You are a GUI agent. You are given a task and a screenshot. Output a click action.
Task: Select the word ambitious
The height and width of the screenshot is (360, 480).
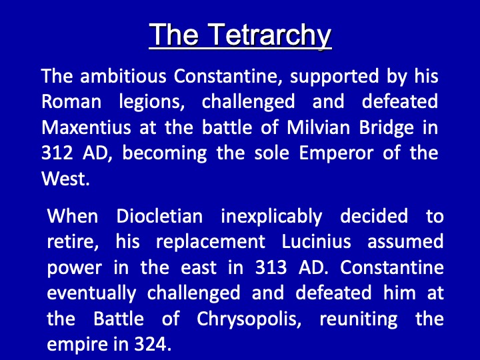pos(123,75)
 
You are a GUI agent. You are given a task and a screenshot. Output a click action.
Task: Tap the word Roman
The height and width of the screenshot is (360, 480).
pos(71,101)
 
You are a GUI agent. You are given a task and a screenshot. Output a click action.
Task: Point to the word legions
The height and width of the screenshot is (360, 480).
pos(152,101)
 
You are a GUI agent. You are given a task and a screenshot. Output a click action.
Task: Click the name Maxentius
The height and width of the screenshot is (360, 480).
pos(86,127)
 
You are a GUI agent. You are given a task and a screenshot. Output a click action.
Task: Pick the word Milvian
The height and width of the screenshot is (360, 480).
pos(318,127)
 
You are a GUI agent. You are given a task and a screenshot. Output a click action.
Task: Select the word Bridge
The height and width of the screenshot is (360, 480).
pos(386,128)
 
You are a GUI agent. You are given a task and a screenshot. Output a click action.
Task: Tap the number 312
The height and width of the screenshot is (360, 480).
pos(57,153)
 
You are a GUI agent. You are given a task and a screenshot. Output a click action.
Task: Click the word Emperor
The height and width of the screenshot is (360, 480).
pos(336,154)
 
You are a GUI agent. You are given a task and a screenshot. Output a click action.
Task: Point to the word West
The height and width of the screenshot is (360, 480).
pos(65,179)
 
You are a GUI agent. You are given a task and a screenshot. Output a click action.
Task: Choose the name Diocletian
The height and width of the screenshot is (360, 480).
pos(159,216)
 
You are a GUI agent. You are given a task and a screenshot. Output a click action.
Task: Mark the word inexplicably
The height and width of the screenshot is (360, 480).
pos(271,217)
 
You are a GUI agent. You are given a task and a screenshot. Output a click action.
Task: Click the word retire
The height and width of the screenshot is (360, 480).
pos(73,242)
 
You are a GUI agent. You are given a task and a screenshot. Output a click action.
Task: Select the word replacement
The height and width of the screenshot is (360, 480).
pos(211,243)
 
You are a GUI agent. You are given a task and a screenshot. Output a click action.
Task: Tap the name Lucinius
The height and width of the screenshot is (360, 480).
pos(316,241)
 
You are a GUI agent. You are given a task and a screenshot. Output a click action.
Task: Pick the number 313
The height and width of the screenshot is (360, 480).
pos(271,267)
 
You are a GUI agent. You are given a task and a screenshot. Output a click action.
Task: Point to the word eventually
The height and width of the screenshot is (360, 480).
pos(91,293)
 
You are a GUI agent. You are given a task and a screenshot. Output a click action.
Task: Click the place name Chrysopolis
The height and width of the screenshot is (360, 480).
pos(249,319)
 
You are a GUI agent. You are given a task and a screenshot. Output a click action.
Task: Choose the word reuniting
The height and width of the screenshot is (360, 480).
pos(359,319)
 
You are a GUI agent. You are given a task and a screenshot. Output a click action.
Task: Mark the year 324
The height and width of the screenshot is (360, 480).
pos(153,345)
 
